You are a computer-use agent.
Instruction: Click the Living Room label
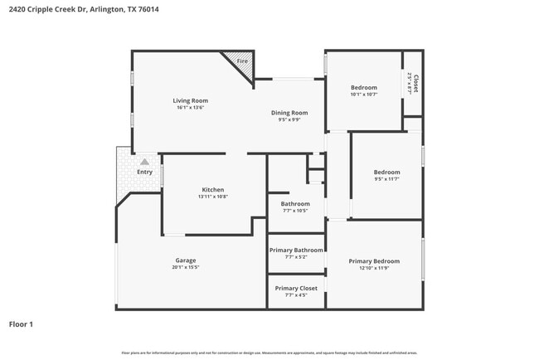pyautogui.click(x=189, y=100)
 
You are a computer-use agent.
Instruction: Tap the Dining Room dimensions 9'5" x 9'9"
pyautogui.click(x=289, y=119)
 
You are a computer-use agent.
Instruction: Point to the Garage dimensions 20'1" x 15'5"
pyautogui.click(x=185, y=267)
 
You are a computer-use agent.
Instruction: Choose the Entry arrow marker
pyautogui.click(x=144, y=162)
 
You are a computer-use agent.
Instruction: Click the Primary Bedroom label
pyautogui.click(x=374, y=261)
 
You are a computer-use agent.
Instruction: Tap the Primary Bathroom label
pyautogui.click(x=295, y=250)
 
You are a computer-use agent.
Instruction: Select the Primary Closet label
pyautogui.click(x=295, y=288)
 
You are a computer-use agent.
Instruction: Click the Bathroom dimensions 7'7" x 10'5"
pyautogui.click(x=295, y=211)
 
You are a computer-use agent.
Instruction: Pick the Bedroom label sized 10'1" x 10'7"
pyautogui.click(x=363, y=87)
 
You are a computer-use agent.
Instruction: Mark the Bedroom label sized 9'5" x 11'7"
pyautogui.click(x=386, y=172)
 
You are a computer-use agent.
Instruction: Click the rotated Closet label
pyautogui.click(x=415, y=83)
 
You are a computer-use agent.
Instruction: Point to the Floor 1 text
pyautogui.click(x=21, y=324)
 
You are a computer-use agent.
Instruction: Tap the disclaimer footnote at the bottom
pyautogui.click(x=269, y=353)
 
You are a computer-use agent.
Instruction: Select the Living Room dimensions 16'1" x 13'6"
pyautogui.click(x=189, y=108)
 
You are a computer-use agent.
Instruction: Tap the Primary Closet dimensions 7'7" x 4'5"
pyautogui.click(x=295, y=295)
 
